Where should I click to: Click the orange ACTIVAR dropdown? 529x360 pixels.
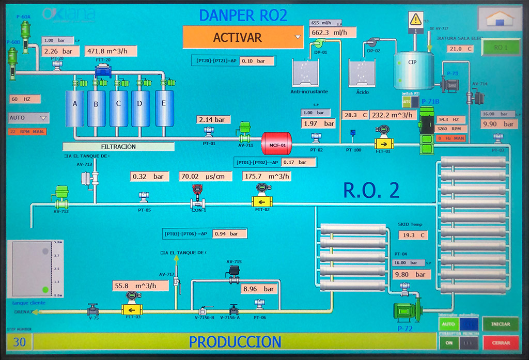click(x=243, y=37)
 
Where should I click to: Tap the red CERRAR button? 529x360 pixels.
click(x=501, y=342)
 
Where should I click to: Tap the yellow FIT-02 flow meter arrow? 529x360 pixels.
click(x=262, y=201)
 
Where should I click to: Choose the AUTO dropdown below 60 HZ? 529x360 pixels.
click(x=29, y=118)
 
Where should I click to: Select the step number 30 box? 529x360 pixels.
click(x=20, y=342)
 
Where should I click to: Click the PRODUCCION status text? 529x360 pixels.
click(x=235, y=342)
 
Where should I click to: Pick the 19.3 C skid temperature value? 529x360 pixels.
click(x=413, y=235)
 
